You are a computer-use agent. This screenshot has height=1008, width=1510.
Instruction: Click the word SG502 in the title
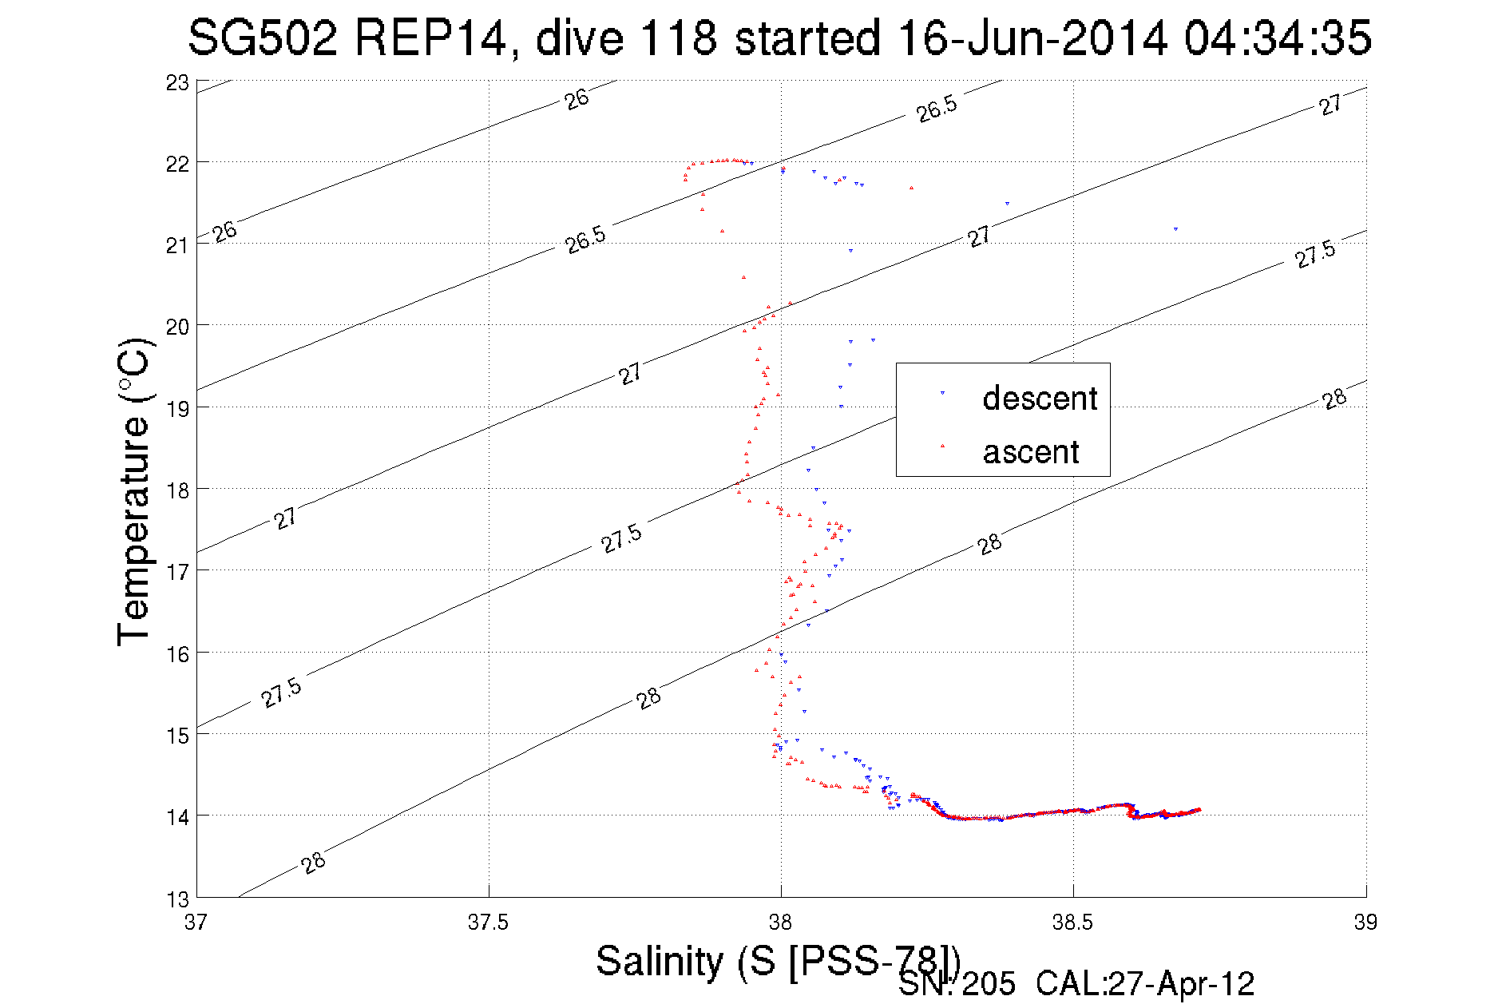tap(263, 38)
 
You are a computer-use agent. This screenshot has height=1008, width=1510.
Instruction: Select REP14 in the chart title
tap(431, 38)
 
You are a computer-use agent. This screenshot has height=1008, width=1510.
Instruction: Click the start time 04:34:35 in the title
tap(1278, 38)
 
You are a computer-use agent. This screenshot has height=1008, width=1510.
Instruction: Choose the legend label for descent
tap(1040, 398)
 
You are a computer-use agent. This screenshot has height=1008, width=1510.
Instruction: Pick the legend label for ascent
tap(1031, 452)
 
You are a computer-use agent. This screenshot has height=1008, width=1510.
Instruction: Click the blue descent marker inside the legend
tap(942, 393)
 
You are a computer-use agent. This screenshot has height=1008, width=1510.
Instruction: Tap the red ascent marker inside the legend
tap(942, 446)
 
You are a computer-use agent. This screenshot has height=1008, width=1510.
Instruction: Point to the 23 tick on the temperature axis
tap(178, 83)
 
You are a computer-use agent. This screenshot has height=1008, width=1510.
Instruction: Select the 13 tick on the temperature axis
tap(178, 899)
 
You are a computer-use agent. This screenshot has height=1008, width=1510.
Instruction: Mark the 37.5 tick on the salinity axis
tap(488, 923)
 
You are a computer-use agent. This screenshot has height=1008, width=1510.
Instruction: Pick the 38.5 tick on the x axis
tap(1072, 923)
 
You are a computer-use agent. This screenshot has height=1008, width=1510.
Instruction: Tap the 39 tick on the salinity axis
tap(1365, 923)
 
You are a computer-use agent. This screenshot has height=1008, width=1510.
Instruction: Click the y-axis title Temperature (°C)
tap(133, 492)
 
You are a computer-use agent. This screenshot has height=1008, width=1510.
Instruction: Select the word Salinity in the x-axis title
tap(660, 961)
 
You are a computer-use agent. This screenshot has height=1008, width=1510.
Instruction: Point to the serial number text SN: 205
tap(957, 984)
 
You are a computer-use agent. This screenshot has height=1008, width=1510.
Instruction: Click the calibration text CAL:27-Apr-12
tap(1145, 984)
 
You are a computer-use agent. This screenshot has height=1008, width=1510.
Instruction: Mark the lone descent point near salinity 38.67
tap(1175, 229)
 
